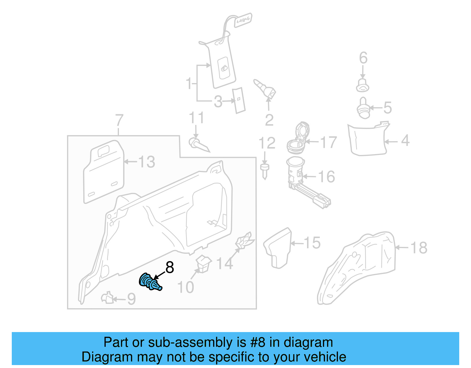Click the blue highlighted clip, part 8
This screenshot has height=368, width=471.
150,282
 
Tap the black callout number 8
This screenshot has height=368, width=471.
170,268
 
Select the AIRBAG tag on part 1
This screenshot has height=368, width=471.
243,20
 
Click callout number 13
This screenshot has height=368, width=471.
146,162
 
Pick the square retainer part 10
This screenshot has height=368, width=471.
203,264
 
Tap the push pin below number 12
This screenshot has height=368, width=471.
265,171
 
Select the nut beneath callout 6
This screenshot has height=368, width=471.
363,85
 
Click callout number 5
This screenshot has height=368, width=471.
388,108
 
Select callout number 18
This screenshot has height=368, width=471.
419,247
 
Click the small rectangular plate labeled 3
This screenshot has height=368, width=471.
239,100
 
